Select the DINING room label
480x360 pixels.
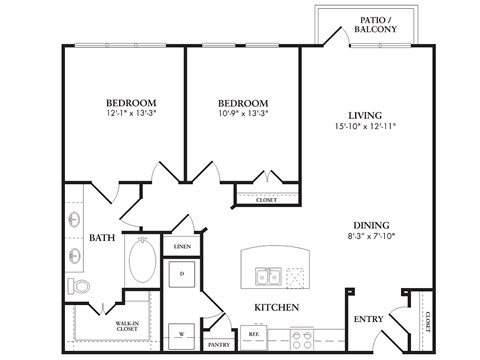[370, 225]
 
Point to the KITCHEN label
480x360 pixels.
[273, 308]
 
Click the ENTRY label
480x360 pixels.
[369, 319]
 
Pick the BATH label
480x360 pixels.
[102, 238]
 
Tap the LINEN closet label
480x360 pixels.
[182, 245]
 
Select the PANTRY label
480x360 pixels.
[219, 344]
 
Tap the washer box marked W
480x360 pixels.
[182, 332]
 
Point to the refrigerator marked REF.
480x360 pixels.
[255, 335]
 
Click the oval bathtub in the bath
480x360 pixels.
[140, 263]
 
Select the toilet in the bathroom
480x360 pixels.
[78, 287]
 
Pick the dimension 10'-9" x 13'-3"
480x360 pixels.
[244, 114]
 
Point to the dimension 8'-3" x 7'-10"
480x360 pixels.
[370, 238]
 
